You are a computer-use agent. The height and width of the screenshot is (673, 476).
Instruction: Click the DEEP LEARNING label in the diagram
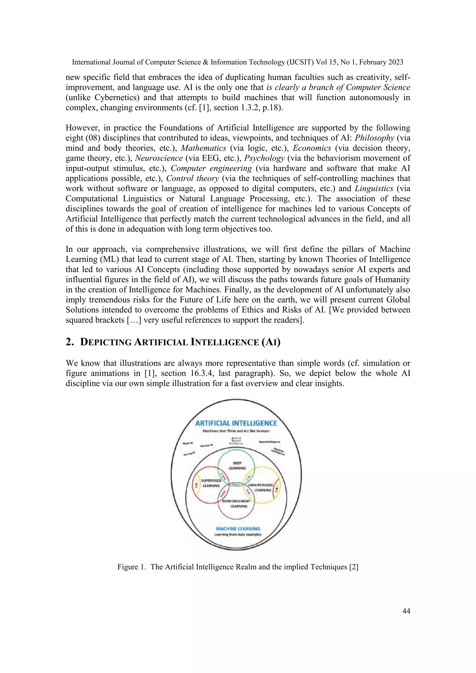click(237, 465)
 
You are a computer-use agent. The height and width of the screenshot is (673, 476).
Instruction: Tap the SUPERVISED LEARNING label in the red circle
click(211, 483)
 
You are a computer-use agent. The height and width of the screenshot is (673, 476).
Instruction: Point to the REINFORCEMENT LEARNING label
click(238, 504)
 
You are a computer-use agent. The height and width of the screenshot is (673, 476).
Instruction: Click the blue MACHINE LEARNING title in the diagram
click(238, 528)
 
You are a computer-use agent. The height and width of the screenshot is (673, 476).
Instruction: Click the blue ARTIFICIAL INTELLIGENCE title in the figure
click(236, 423)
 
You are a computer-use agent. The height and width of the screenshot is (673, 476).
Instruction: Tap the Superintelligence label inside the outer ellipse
click(269, 442)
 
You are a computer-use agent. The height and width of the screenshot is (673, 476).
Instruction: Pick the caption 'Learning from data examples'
click(238, 534)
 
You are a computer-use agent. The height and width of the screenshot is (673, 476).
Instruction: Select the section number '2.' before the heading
click(69, 342)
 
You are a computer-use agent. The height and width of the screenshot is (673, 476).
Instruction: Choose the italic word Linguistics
click(374, 188)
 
